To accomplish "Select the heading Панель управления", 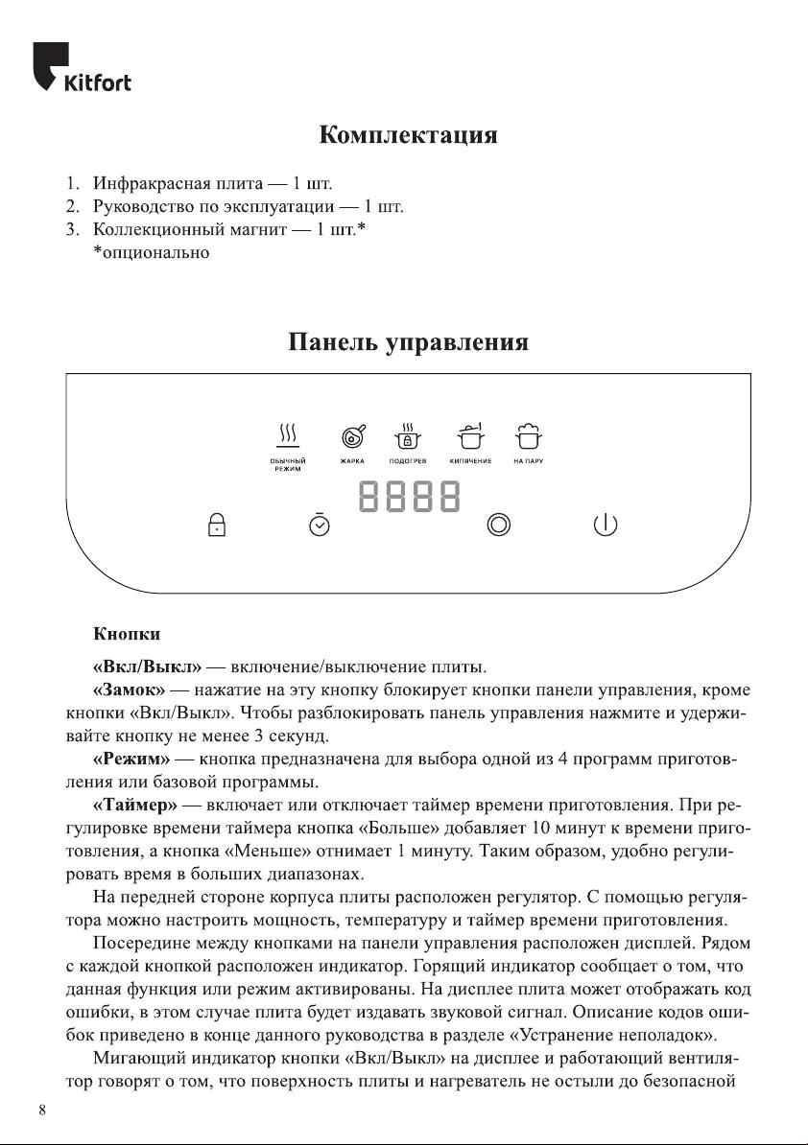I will pos(408,342).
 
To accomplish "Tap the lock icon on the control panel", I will pos(217,525).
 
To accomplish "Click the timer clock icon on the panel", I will pos(320,525).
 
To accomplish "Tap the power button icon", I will pos(605,525).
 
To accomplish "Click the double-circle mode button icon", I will pos(498,525).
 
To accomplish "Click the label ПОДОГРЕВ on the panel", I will pos(408,462).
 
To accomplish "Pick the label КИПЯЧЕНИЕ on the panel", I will pos(470,462).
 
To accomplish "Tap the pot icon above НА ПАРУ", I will pos(527,436).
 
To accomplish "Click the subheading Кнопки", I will pos(126,634).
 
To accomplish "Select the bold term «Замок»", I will pos(130,689).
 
